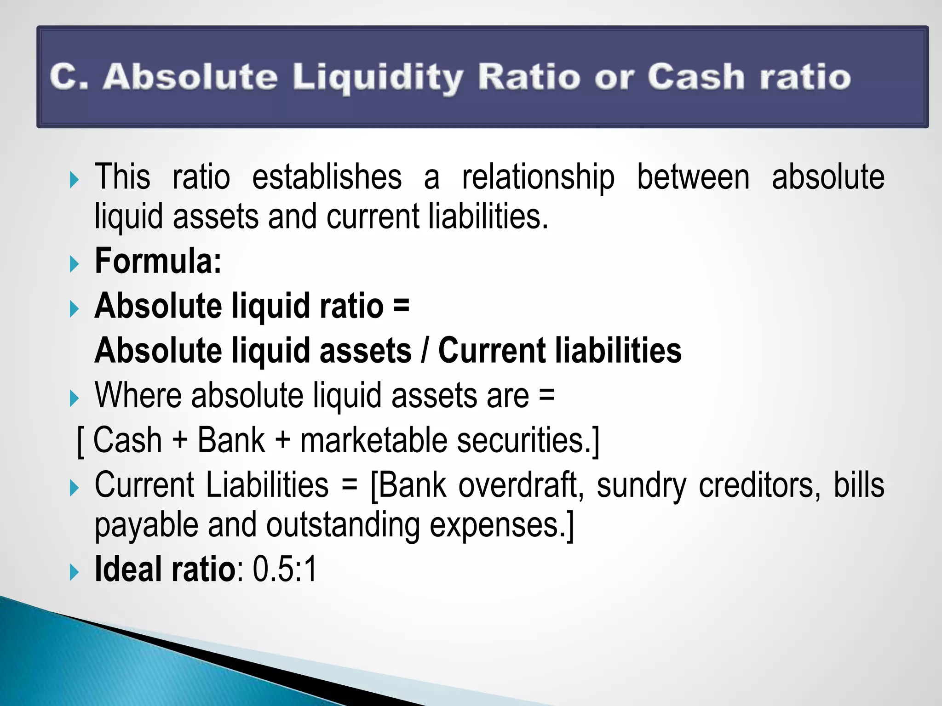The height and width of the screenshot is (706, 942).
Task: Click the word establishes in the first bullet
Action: pos(327,177)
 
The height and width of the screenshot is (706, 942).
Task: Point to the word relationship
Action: pos(538,178)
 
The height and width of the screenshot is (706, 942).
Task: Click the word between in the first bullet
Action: pos(693,177)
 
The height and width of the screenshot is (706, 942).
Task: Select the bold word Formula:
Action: pos(158,261)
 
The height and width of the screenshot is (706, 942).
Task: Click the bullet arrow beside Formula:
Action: pos(74,264)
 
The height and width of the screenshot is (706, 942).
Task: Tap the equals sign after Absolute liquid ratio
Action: pos(401,305)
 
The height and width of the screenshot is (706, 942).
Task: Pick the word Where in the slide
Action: pos(138,395)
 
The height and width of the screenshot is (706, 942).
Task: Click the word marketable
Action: pos(373,440)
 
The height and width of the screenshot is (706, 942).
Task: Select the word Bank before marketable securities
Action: pos(231,440)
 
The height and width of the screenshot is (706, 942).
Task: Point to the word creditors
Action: pos(759,485)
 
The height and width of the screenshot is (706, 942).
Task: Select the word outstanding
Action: pos(343,526)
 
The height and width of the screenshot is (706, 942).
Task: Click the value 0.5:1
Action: pos(285,569)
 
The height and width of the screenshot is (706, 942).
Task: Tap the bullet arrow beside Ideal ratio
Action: pos(74,572)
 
